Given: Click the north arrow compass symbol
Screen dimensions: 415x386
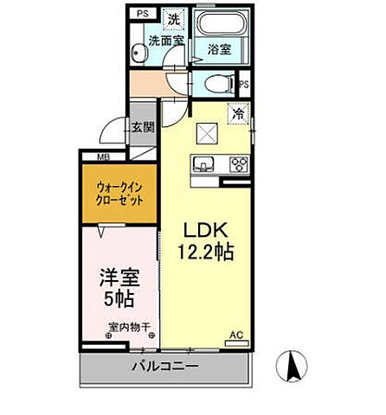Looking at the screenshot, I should click(x=293, y=367).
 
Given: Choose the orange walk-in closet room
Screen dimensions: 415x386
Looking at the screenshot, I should click(x=119, y=192).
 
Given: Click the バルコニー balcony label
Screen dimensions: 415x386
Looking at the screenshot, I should click(x=164, y=367).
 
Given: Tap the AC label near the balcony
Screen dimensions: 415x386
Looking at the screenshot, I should click(x=235, y=335).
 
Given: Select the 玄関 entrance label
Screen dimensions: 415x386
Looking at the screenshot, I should click(x=142, y=127).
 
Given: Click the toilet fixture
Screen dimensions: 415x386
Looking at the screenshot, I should click(x=222, y=83).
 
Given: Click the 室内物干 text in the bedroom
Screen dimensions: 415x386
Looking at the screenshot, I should click(x=129, y=327).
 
